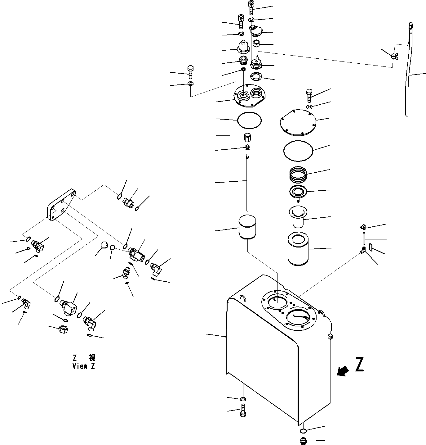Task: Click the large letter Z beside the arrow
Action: pyautogui.click(x=359, y=365)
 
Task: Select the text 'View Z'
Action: pyautogui.click(x=84, y=366)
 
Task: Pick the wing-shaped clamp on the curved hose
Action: pyautogui.click(x=394, y=56)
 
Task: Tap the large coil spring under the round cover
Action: pyautogui.click(x=298, y=175)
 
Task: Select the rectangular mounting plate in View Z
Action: pyautogui.click(x=61, y=205)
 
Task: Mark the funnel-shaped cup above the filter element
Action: pyautogui.click(x=297, y=216)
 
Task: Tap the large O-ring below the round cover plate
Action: pyautogui.click(x=298, y=151)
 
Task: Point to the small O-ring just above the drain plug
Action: pyautogui.click(x=303, y=431)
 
